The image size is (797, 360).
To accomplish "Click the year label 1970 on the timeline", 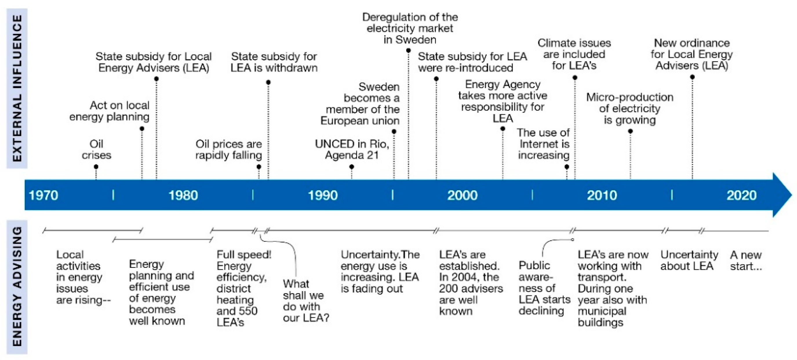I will (43, 195).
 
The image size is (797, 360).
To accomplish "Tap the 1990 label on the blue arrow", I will (323, 195).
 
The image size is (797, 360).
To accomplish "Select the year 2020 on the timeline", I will (741, 195).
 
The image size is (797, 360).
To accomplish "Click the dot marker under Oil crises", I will (96, 167).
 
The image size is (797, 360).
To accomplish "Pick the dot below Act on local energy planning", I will (142, 128).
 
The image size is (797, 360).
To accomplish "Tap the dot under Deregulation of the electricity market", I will (408, 50).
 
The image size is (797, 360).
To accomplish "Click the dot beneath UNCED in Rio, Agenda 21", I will (352, 167).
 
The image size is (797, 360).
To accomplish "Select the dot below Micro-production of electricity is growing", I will (630, 131).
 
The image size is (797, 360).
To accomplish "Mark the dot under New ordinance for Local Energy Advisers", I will (692, 77).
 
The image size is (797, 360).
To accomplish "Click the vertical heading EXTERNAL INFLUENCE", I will (17, 88).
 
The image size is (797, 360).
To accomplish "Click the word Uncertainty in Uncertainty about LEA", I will (689, 254).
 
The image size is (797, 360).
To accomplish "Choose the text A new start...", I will (746, 260).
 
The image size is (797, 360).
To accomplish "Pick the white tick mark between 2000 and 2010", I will (532, 195).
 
